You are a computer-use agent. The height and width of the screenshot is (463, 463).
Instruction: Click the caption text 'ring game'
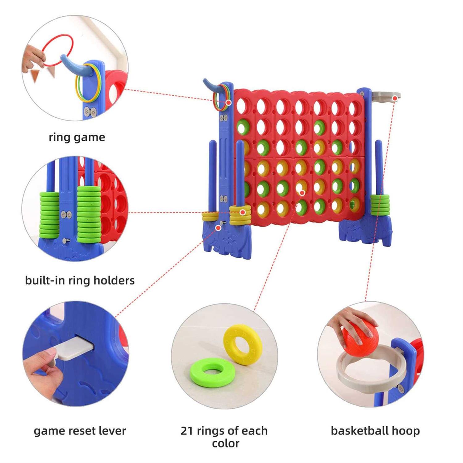click(77, 137)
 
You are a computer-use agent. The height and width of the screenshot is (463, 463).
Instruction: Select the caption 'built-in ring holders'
click(80, 281)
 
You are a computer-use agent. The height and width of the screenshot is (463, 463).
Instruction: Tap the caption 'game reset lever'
click(80, 431)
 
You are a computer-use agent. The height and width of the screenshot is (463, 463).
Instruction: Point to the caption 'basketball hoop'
click(375, 431)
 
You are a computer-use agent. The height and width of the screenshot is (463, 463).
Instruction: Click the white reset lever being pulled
click(76, 349)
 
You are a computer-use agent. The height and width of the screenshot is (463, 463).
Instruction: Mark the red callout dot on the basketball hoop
click(394, 98)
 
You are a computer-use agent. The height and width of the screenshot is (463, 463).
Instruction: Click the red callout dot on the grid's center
click(302, 193)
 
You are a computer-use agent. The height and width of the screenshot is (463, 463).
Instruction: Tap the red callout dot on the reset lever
click(218, 228)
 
